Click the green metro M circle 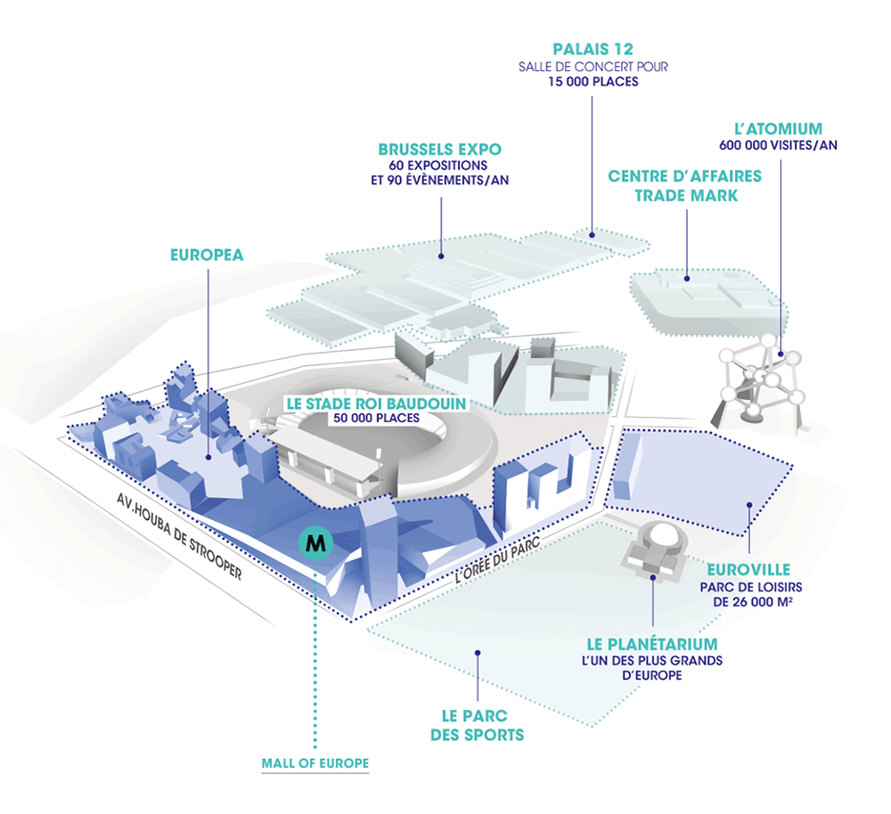[314, 541]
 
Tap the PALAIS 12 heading [593, 49]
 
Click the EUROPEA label [207, 255]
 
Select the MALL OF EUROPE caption [315, 763]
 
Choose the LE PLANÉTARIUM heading [652, 643]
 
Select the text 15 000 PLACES [593, 82]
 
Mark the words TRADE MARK [686, 194]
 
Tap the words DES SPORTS [477, 735]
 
